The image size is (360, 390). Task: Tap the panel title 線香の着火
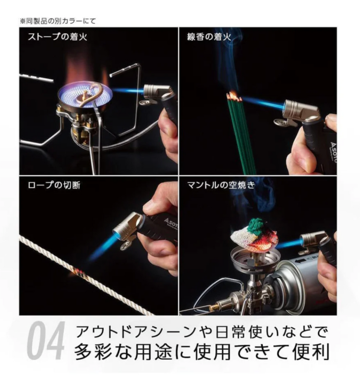208,36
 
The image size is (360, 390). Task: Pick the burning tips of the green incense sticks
233,95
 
